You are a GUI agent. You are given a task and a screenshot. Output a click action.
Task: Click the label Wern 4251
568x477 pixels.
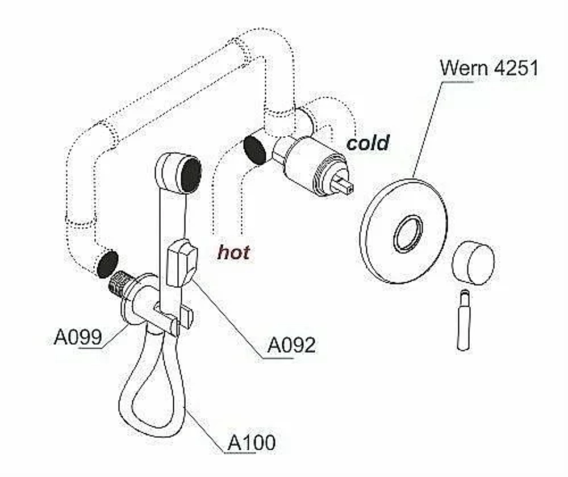pos(488,68)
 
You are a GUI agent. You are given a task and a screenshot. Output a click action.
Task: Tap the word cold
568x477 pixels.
pos(367,143)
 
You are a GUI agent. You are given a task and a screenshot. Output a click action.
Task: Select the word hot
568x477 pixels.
pos(233,252)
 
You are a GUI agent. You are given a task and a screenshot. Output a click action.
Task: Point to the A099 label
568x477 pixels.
pos(77,337)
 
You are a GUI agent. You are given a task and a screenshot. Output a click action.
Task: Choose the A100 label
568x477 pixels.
pos(252,442)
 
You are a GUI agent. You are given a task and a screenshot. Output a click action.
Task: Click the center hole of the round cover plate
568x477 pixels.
pos(408,233)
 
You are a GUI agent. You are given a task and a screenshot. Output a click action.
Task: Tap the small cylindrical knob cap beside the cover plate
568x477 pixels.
pos(473,262)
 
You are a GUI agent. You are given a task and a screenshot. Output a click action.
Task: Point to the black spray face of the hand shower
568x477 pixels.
pos(190,175)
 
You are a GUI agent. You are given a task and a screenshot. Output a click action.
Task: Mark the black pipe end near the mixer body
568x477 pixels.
pos(254,150)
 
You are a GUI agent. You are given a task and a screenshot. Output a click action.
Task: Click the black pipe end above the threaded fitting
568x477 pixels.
pos(107,263)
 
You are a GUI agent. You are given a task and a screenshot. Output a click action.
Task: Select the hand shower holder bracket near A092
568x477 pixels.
pos(182,262)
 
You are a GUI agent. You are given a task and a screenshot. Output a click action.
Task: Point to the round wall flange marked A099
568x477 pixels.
pos(135,300)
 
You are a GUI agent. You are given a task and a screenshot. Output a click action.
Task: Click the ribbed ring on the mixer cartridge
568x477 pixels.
pos(331,174)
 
